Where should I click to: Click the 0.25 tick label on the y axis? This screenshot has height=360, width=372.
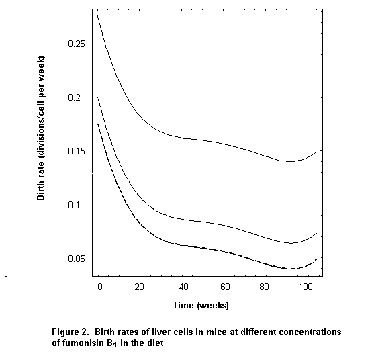click(76, 44)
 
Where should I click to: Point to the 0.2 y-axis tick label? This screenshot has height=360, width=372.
click(79, 98)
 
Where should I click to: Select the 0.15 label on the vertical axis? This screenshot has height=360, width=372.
click(76, 152)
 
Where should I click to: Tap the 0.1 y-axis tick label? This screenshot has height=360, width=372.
click(79, 205)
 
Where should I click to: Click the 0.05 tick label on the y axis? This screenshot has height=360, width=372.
click(76, 259)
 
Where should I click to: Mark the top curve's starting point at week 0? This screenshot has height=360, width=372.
click(98, 15)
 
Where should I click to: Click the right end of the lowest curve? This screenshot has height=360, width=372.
click(316, 258)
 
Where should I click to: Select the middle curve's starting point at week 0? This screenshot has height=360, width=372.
click(98, 97)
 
